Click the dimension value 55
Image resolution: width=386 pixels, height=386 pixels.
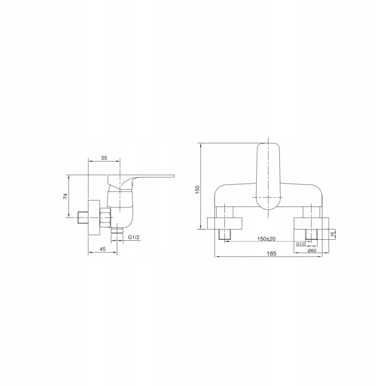point(104,158)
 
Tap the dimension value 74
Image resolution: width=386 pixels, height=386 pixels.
point(65,196)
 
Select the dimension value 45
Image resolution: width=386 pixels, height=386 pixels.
point(102,249)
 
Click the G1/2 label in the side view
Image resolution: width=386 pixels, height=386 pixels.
point(134,237)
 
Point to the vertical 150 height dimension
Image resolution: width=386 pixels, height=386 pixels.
point(197,190)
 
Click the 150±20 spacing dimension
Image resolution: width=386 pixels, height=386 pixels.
point(266,238)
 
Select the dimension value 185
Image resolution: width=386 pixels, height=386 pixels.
point(272,253)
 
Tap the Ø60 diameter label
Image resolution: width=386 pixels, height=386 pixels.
point(312,250)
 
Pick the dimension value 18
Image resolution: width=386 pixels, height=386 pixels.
point(332,234)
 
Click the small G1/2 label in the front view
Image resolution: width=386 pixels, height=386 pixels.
point(301,244)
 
